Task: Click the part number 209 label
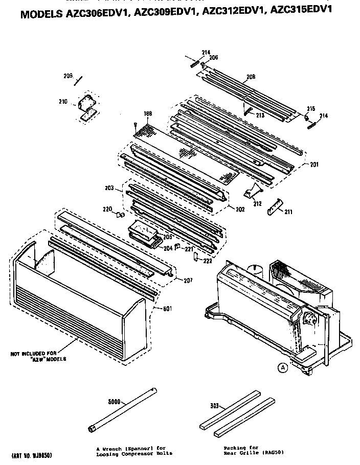(x=67, y=76)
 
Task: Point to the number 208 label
(x=251, y=77)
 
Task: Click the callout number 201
(x=314, y=164)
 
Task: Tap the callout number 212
(x=257, y=203)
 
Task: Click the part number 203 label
(x=108, y=189)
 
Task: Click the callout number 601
(x=168, y=309)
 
